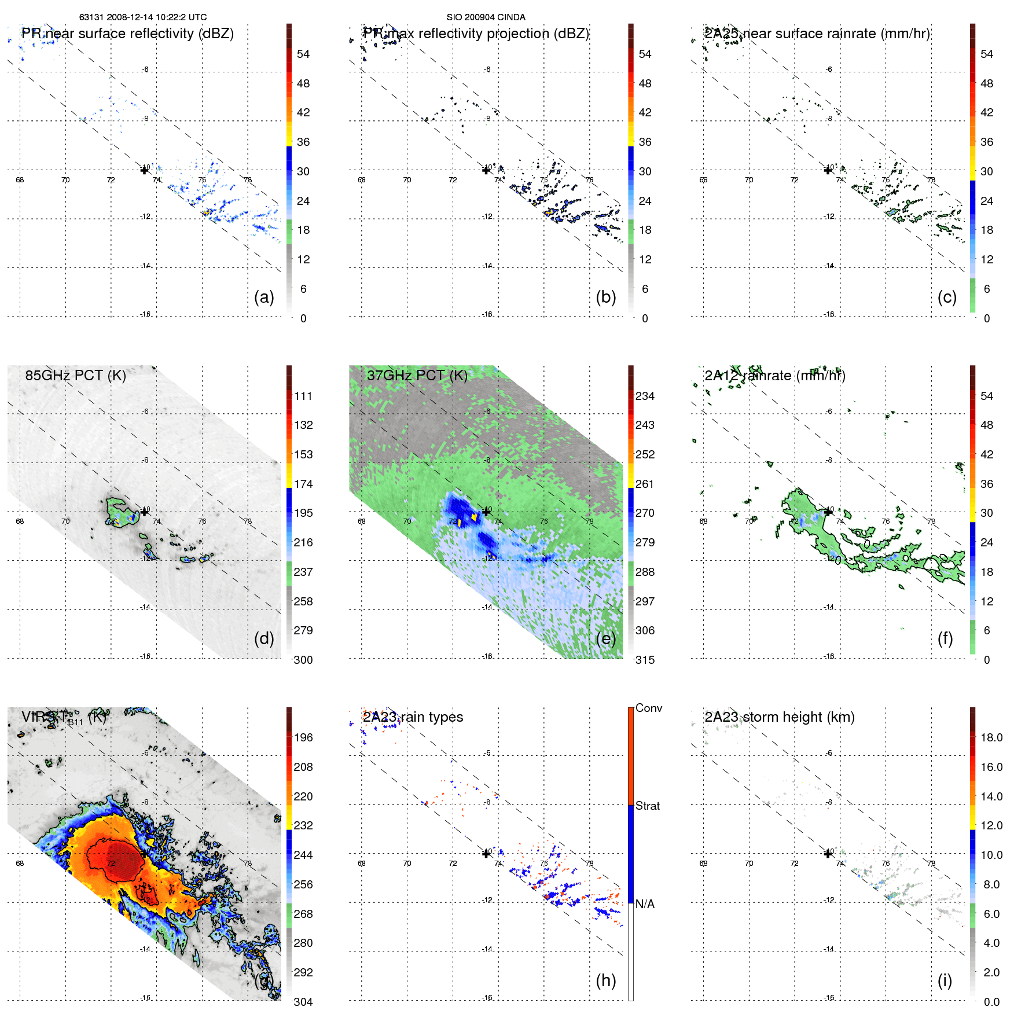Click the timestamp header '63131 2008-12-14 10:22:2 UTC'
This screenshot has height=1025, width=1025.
[x=143, y=17]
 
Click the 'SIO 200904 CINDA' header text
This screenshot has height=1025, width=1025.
[x=486, y=17]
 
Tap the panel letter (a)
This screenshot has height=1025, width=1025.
[x=264, y=297]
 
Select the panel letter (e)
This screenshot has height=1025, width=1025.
[x=605, y=638]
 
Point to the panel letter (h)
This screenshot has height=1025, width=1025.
[x=605, y=980]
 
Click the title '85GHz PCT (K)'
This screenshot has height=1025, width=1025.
[x=75, y=375]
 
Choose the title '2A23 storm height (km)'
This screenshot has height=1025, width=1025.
[x=779, y=717]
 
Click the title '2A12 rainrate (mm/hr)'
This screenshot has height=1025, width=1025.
[x=774, y=375]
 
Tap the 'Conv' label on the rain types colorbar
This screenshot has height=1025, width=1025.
[x=649, y=708]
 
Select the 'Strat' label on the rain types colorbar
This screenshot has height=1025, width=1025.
[x=648, y=806]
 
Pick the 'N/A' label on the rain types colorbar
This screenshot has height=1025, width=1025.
[x=645, y=904]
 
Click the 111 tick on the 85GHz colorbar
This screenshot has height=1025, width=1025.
[x=303, y=396]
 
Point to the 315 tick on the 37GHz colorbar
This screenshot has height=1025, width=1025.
[x=645, y=660]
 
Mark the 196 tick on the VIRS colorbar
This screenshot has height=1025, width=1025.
[x=303, y=737]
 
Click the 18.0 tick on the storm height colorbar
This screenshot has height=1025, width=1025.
[x=991, y=737]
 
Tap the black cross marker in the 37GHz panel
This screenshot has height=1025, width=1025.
[x=486, y=512]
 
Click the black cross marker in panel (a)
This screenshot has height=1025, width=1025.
[x=144, y=170]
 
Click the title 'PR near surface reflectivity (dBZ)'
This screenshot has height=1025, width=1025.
[x=127, y=34]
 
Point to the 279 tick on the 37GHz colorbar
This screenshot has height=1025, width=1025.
[x=645, y=542]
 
